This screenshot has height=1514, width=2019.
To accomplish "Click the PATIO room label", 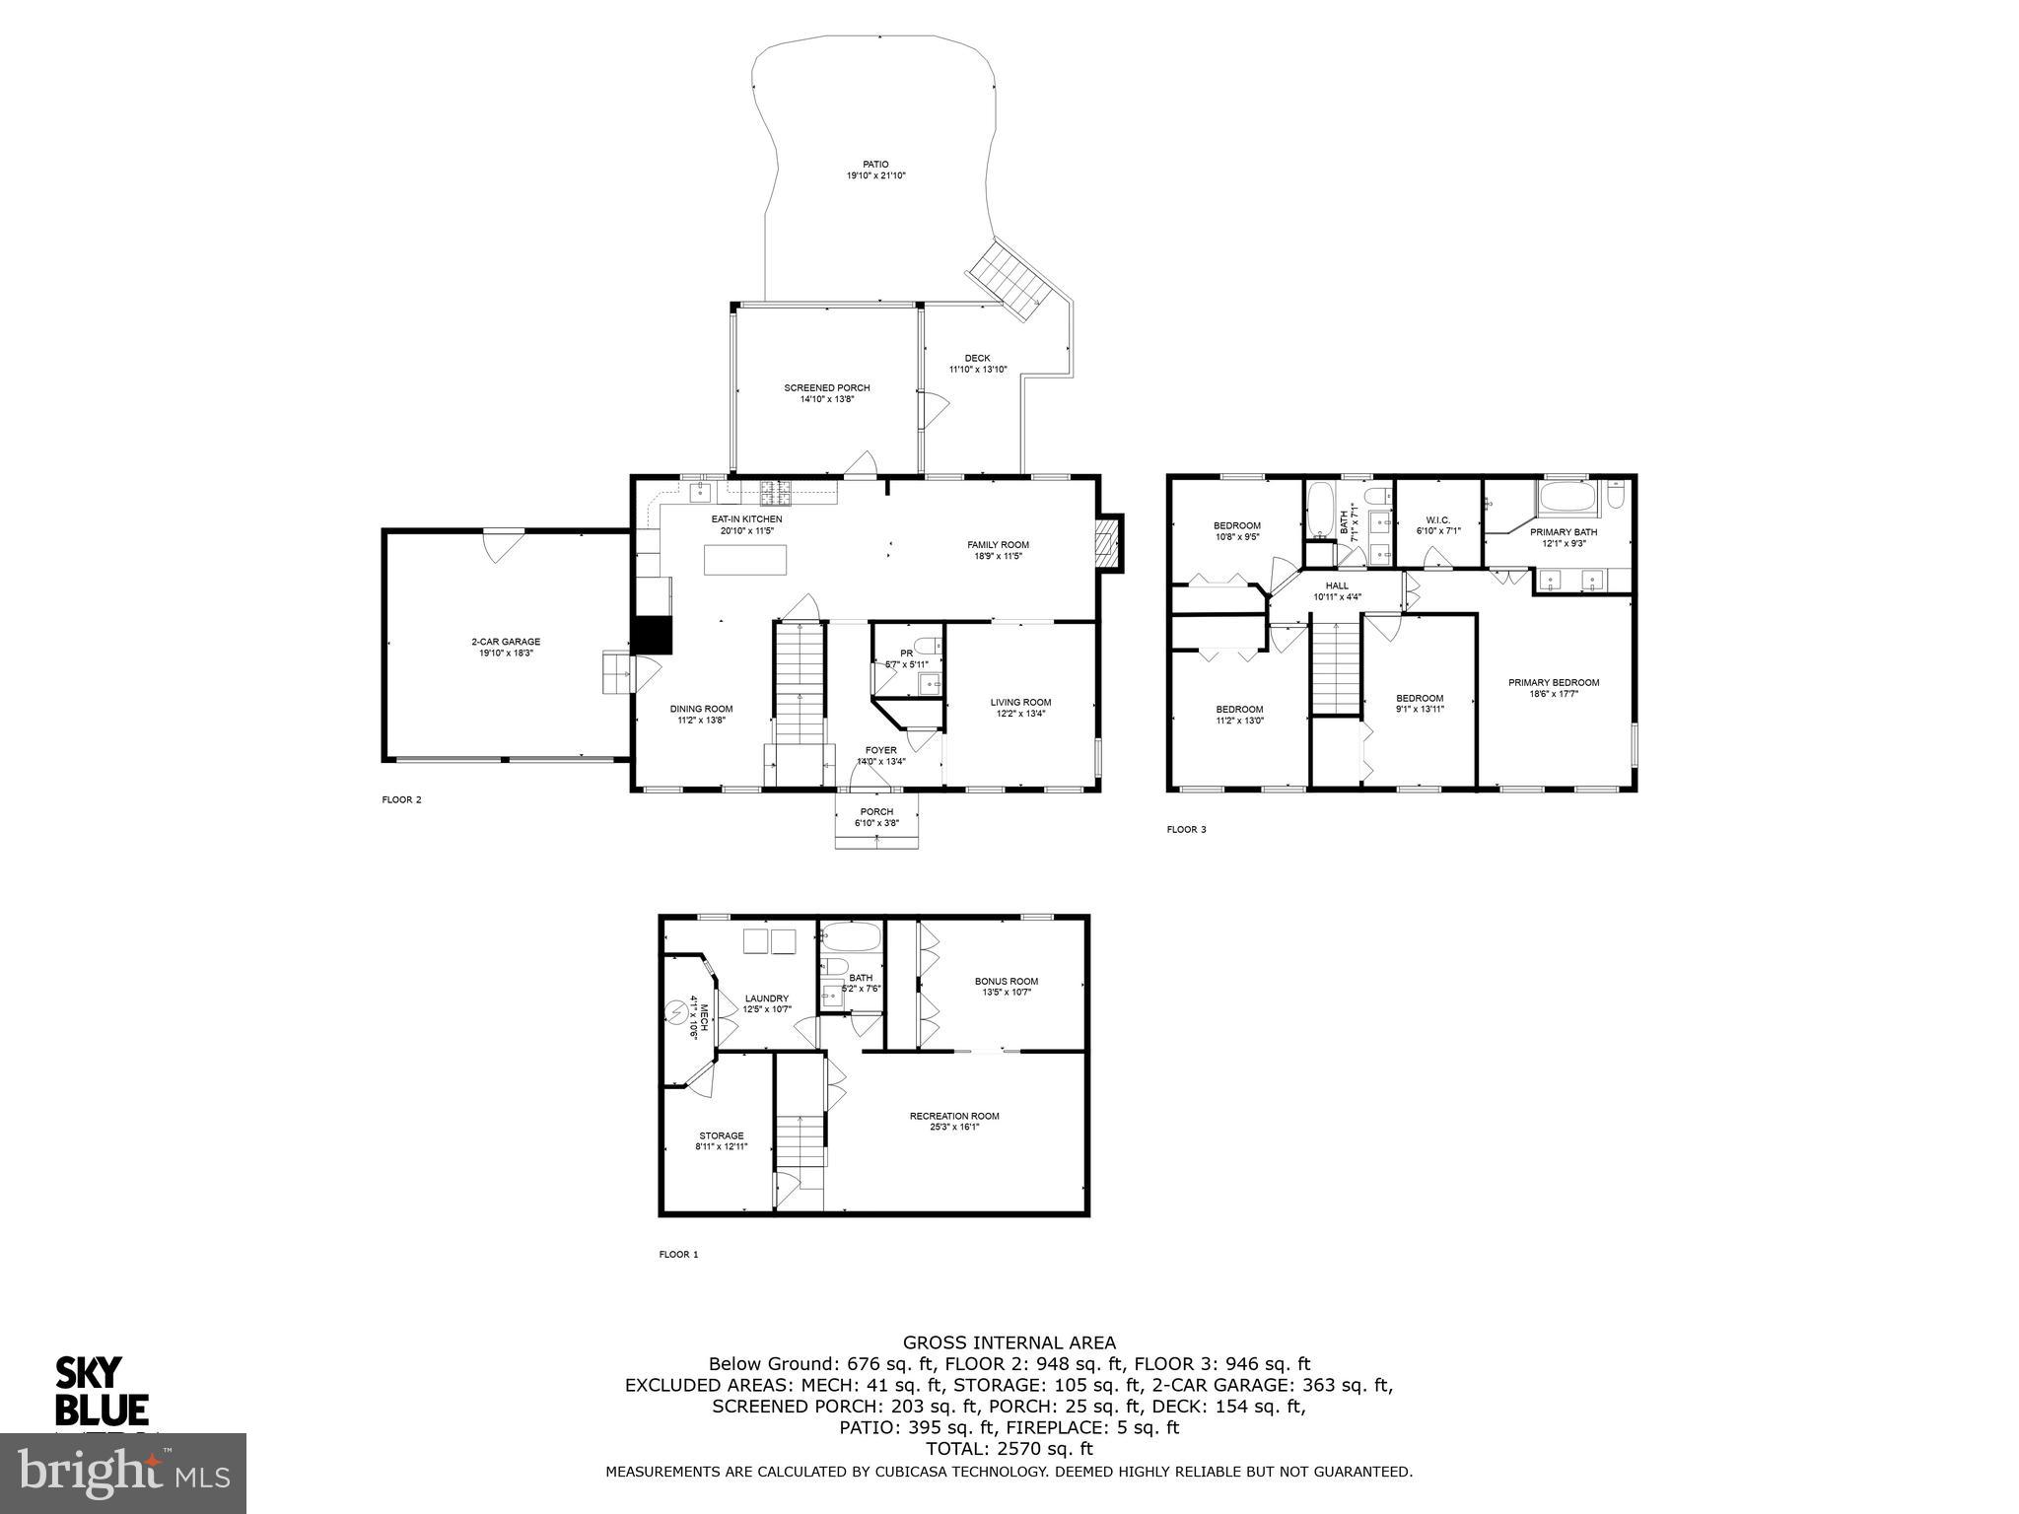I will pos(874,165).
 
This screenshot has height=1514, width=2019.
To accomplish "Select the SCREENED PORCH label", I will pos(826,388).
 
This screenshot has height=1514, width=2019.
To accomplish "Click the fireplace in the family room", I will pos(1110,542).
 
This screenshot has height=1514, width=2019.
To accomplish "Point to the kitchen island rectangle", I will pos(745,560).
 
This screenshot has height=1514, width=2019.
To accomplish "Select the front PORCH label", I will pos(875,812).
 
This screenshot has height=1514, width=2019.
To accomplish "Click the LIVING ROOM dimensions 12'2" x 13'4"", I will pos(1020,713).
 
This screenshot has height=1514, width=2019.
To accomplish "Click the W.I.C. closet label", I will pos(1437,519).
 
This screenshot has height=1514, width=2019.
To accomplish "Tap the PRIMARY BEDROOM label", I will pos(1553,682).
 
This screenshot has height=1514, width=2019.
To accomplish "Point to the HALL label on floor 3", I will pos(1337,585).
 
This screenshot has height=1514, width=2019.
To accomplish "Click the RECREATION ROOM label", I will pos(953,1116).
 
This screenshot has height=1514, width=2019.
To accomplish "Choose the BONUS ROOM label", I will pos(1006,981).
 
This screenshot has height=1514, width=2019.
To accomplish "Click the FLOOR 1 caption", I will pos(678,1255).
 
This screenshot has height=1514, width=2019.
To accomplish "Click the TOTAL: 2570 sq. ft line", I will pos(1009,1449).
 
